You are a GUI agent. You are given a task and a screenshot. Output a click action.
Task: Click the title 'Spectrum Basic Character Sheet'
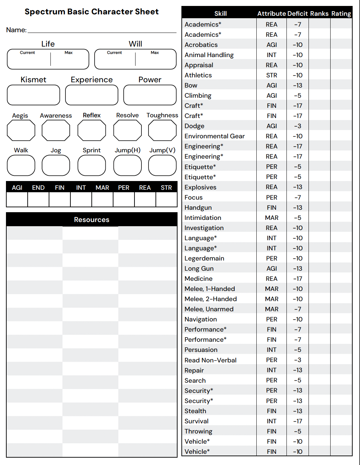[91, 12]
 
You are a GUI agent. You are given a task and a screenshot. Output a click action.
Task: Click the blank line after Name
[102, 30]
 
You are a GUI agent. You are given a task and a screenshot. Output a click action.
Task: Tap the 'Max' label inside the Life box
[69, 53]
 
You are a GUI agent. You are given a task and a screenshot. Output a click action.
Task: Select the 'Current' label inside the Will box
[115, 53]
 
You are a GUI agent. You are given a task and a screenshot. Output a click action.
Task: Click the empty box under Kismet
[33, 95]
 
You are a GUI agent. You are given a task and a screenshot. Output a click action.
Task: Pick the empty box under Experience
[91, 95]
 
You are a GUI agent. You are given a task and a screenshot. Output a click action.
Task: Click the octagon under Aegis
[21, 130]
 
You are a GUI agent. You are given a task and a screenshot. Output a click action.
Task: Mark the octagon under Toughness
[162, 130]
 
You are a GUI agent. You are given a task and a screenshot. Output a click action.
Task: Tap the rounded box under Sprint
[91, 165]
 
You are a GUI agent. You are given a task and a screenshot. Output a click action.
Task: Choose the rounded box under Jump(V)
[162, 165]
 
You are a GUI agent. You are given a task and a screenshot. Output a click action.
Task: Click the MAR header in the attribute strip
[102, 188]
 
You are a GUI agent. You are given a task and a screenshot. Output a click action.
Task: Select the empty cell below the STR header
[166, 200]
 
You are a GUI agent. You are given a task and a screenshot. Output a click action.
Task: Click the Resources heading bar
[91, 220]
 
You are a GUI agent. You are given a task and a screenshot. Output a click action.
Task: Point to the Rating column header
[341, 14]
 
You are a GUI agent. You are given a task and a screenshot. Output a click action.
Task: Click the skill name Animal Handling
[209, 55]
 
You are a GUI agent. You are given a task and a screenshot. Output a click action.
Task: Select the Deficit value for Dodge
[297, 126]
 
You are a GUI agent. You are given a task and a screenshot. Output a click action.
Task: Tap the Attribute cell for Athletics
[271, 75]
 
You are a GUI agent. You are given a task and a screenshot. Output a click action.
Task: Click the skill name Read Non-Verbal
[210, 360]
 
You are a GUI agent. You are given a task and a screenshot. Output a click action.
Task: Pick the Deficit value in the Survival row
[297, 421]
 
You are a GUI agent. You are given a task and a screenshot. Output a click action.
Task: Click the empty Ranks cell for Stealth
[319, 411]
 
